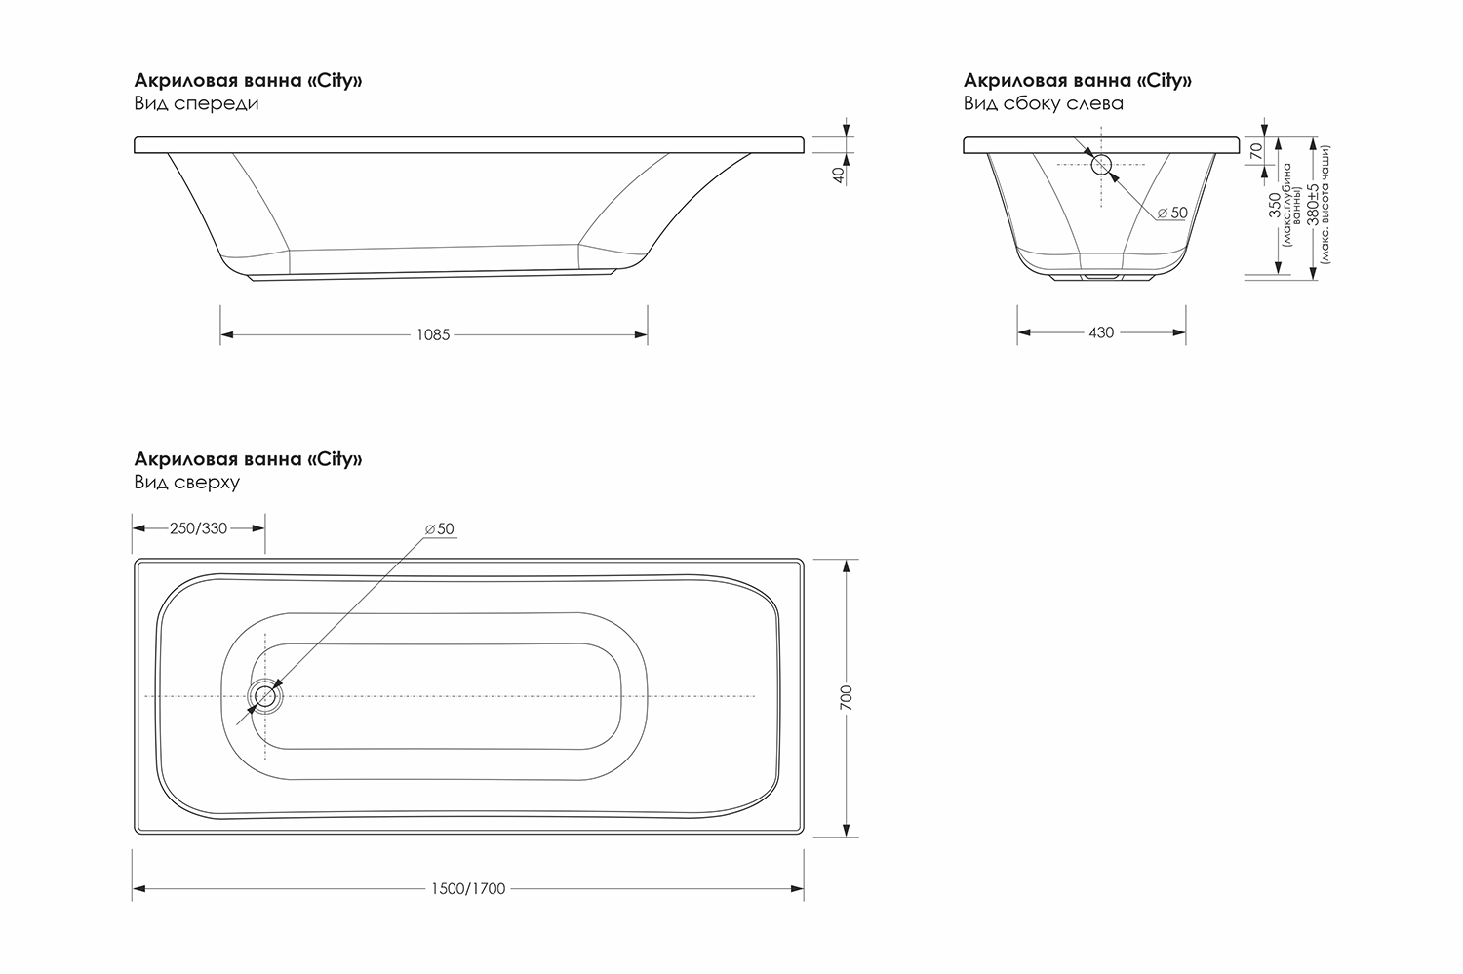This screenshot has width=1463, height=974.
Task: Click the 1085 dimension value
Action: (433, 335)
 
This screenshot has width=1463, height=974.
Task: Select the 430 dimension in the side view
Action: (1101, 333)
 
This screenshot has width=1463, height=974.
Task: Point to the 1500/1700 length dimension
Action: (468, 889)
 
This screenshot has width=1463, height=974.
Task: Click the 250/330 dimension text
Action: (198, 528)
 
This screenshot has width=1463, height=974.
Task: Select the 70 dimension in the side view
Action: (1257, 151)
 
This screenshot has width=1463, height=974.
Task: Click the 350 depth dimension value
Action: (1275, 207)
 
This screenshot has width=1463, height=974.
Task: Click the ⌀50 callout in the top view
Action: (440, 529)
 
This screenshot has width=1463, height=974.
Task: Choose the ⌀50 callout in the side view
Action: (1172, 213)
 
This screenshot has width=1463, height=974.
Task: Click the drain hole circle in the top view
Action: (263, 696)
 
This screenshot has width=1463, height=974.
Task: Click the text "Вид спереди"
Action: (196, 103)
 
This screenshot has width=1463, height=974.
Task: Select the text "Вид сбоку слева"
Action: (1043, 103)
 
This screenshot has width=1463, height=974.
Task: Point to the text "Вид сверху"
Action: (186, 483)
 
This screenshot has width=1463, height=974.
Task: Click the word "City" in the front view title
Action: (337, 81)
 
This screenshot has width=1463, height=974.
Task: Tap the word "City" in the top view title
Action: (337, 459)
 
